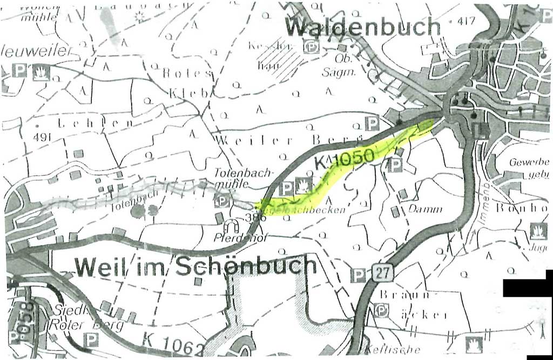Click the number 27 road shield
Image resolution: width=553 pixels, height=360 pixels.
(x=382, y=273)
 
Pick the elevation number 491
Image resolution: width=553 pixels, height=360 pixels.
(x=42, y=137)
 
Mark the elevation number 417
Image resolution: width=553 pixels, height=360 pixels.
(x=466, y=22)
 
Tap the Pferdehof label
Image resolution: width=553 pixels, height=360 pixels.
(x=233, y=237)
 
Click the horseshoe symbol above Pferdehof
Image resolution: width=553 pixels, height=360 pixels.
(x=234, y=225)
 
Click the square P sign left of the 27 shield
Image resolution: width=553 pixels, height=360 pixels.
(x=358, y=275)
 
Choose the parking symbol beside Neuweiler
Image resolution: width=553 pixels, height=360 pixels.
(x=19, y=70)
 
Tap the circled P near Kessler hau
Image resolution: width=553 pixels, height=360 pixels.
(x=312, y=47)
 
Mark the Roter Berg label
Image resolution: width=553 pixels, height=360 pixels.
(x=86, y=325)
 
